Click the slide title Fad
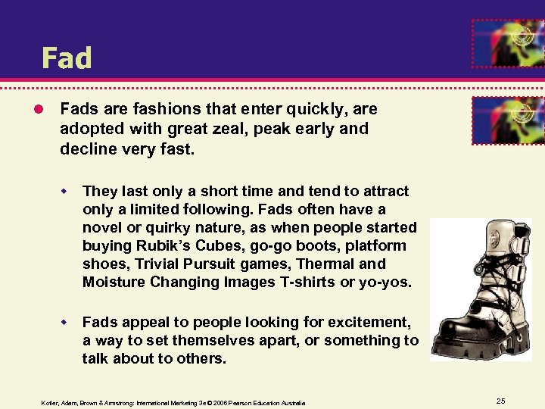pos(67,58)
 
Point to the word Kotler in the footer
pos(51,403)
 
